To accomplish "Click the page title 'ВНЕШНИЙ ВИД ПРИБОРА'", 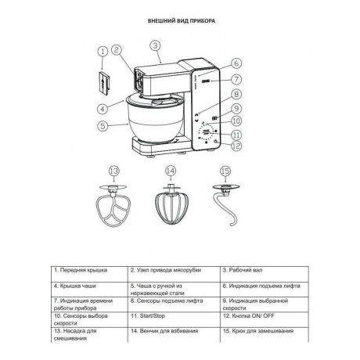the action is (182, 21).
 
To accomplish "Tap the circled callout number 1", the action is (103, 52).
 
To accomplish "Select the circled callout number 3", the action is (155, 45).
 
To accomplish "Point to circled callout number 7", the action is (236, 79).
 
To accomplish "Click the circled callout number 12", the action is (236, 146).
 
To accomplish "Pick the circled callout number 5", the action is (103, 126).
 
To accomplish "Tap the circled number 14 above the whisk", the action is (171, 171).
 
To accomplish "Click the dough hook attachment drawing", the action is (226, 205).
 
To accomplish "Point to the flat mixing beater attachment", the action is (113, 206).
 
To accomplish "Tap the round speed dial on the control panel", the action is (208, 132).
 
